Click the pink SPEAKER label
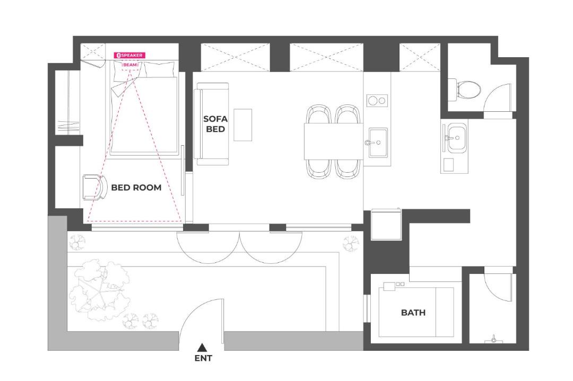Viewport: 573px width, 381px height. coord(129,55)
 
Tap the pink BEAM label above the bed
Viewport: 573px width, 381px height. coord(131,65)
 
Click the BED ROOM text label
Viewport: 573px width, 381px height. coord(136,188)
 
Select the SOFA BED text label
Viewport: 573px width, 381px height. coord(215,124)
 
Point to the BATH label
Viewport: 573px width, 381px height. coord(413,313)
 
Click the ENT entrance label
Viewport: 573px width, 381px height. coord(203,358)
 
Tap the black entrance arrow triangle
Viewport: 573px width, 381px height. coord(202,347)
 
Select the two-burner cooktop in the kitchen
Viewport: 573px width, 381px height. coord(377,100)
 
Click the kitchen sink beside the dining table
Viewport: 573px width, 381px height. coord(378,142)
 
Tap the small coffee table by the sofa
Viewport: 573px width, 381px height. coord(242,125)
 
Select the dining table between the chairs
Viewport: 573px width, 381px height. coord(334,141)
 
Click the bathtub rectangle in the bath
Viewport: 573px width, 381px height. coord(416,312)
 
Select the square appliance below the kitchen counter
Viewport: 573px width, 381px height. coord(386,224)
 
